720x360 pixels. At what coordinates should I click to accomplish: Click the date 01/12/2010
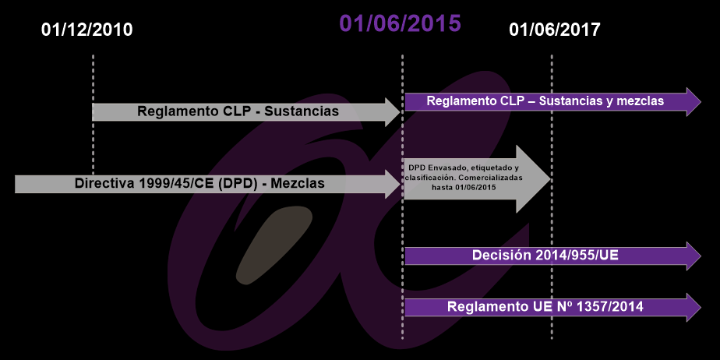(87, 30)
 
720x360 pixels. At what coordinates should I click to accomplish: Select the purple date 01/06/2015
(401, 23)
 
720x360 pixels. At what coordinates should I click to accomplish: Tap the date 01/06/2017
(555, 30)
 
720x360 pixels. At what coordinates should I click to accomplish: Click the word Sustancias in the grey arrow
(302, 111)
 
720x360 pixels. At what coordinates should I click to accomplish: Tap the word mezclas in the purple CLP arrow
(637, 101)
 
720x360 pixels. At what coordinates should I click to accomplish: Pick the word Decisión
(499, 255)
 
